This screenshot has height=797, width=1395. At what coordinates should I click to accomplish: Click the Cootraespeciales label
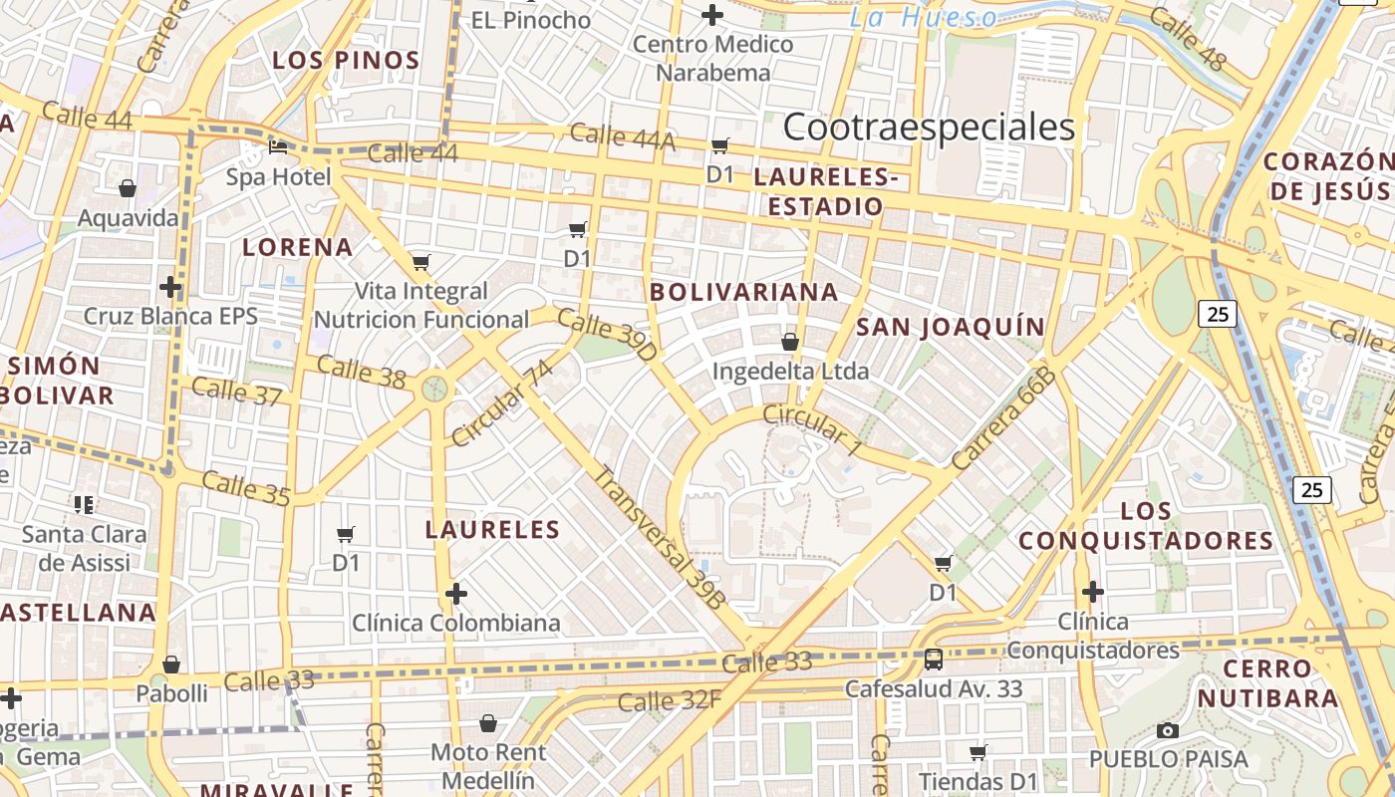(x=929, y=128)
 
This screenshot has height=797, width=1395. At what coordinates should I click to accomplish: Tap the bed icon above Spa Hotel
(x=279, y=147)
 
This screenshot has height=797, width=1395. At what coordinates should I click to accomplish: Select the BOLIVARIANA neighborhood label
(x=743, y=292)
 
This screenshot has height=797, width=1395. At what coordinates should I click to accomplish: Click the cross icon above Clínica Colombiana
(x=456, y=595)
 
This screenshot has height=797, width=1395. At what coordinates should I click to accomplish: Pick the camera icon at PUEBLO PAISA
(x=1168, y=730)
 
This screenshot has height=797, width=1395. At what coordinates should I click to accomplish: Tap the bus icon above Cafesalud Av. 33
(x=934, y=659)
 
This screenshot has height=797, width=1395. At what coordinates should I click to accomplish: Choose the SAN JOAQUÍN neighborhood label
(x=951, y=327)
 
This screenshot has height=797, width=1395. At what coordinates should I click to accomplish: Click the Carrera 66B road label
(x=1003, y=418)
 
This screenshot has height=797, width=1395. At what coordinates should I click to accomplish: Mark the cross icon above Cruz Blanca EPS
(x=170, y=288)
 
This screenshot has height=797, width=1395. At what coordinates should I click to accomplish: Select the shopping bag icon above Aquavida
(x=128, y=188)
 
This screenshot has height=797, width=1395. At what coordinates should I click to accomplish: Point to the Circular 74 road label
(x=501, y=403)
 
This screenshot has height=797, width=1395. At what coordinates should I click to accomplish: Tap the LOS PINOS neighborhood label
(x=346, y=61)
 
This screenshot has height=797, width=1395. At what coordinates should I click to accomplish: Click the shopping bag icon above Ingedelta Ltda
(x=790, y=342)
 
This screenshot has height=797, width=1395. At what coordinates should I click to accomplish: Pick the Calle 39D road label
(x=607, y=335)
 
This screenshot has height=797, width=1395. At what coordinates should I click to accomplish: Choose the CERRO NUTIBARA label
(x=1267, y=683)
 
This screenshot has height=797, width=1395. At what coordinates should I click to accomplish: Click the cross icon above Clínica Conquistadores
(x=1093, y=592)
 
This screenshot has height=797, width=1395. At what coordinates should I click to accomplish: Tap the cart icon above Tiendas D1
(x=978, y=752)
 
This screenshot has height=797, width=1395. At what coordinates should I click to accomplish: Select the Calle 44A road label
(x=622, y=137)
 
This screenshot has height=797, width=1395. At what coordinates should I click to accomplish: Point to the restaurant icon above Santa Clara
(x=84, y=504)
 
